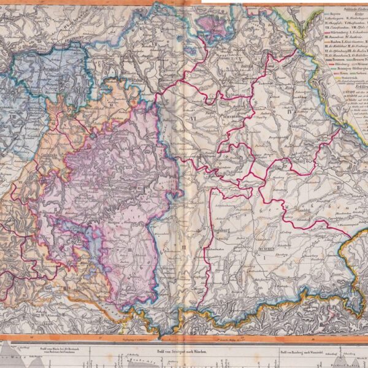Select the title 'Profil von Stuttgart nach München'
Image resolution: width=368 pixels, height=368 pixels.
coord(164,350)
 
